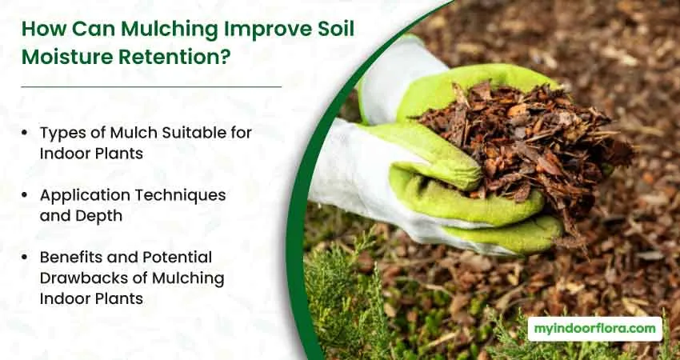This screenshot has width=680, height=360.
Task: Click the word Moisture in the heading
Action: coord(68,58)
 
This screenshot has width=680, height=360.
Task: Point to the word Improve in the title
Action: coord(265,30)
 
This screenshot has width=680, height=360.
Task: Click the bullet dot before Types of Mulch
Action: coord(24,133)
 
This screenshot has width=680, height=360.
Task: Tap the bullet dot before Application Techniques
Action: coord(24,196)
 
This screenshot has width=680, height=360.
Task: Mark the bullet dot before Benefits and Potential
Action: coord(24,258)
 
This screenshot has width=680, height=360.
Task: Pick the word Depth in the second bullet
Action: coord(102,216)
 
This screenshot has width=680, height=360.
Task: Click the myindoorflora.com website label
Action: coord(595,329)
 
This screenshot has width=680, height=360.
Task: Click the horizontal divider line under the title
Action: coord(151,86)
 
